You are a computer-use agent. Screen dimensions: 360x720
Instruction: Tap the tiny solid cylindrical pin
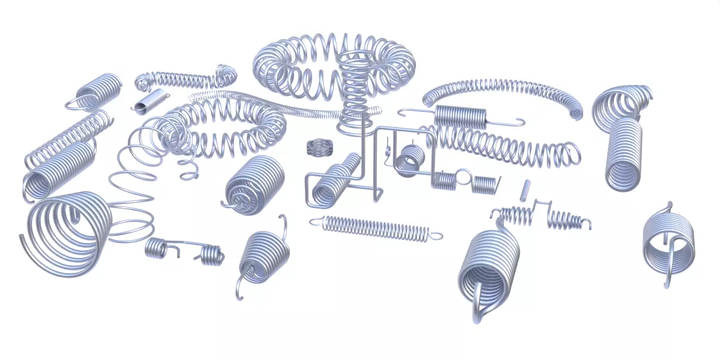[526, 190]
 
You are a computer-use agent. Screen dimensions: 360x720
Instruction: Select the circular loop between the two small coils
[464, 177]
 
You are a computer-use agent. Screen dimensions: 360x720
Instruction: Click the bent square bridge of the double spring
[540, 206]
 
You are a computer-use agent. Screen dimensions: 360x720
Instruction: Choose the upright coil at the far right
[624, 154]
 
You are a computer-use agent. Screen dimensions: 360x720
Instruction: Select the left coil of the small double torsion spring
[157, 247]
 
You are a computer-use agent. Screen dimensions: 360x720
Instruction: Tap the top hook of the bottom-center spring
[282, 223]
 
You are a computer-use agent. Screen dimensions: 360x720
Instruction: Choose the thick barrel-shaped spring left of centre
[255, 183]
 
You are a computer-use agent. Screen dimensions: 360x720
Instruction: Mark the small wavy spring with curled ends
[183, 78]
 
